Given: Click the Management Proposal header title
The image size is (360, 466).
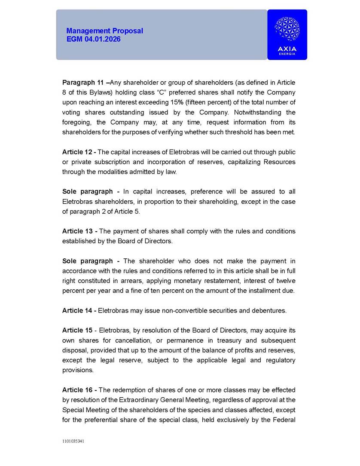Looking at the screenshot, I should click(x=104, y=31).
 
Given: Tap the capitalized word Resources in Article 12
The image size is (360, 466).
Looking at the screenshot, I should click(x=279, y=162).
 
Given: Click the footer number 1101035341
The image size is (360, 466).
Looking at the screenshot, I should click(x=73, y=441).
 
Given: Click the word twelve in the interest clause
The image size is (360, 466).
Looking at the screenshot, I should click(x=285, y=281).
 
